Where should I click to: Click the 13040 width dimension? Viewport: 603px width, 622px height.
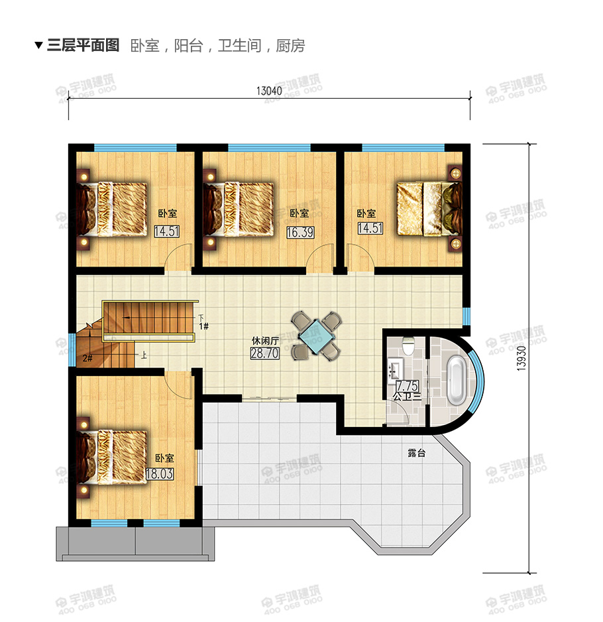click(x=268, y=91)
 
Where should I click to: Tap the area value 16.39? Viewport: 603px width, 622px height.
click(x=300, y=232)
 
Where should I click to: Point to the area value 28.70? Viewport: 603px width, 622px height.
click(x=264, y=353)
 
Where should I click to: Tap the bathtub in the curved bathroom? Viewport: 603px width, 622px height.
click(x=457, y=381)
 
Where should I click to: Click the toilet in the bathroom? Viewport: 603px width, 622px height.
click(x=409, y=345)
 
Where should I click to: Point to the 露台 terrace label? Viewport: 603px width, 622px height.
click(x=416, y=454)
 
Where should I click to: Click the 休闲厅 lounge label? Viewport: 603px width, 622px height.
click(x=264, y=341)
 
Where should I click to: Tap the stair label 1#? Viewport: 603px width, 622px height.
click(x=203, y=326)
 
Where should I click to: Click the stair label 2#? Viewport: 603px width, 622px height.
click(x=87, y=358)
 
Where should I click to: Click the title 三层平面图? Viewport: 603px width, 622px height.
click(x=83, y=46)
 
